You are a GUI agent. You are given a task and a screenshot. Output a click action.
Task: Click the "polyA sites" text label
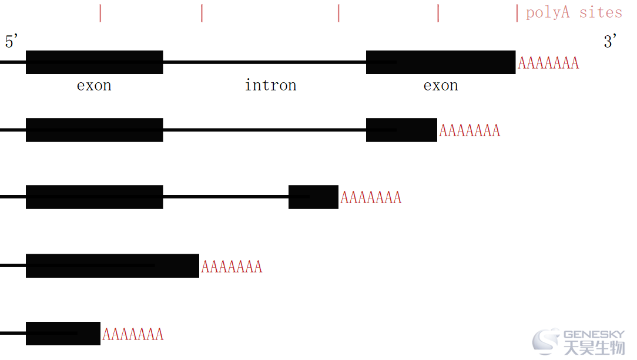[x=574, y=12]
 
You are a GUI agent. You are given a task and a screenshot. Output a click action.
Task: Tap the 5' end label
[x=11, y=41]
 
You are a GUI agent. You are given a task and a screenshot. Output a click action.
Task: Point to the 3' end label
[x=610, y=41]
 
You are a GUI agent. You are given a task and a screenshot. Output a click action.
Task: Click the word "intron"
[x=270, y=85]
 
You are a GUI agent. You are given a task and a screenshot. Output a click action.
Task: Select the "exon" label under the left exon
[x=94, y=86]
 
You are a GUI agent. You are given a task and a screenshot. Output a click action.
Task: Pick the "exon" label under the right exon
[x=441, y=86]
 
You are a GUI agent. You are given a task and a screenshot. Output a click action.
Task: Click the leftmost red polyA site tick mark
[x=100, y=13]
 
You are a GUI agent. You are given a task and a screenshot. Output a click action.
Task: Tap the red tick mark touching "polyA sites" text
[x=517, y=13]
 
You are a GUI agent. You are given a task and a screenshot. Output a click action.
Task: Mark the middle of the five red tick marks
[x=338, y=13]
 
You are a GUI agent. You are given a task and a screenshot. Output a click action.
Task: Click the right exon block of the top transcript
[x=441, y=62]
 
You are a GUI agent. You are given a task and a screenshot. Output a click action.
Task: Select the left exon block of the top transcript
[x=94, y=62]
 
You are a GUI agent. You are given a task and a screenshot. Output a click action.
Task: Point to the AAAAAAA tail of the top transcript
[x=548, y=63]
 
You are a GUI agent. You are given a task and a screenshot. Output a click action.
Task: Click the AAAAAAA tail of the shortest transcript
[x=133, y=334]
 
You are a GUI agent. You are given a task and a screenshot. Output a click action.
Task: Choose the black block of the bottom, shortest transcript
[x=63, y=334]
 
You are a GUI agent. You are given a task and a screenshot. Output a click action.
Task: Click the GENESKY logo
[x=578, y=342]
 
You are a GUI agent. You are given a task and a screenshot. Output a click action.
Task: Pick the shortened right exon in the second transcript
[x=401, y=130]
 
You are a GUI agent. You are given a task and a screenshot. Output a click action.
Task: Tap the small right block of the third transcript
[x=313, y=197]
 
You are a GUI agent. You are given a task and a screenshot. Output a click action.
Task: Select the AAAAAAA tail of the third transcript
[x=370, y=198]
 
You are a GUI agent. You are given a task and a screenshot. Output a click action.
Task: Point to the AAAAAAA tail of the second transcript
[x=469, y=131]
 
